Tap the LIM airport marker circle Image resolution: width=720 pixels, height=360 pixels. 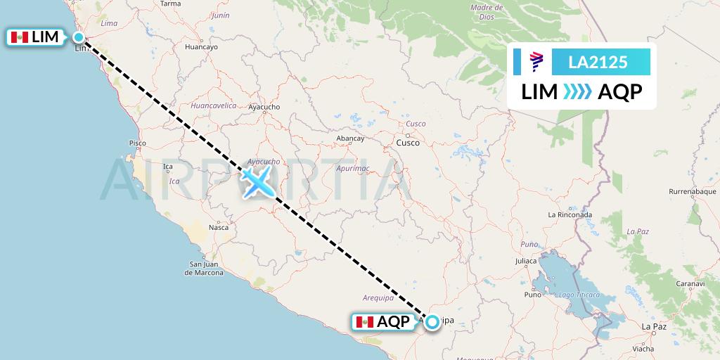[79, 37]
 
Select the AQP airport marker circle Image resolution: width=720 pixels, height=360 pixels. [432, 322]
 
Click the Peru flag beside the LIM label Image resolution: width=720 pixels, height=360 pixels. [20, 37]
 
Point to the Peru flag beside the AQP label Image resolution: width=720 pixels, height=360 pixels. [364, 322]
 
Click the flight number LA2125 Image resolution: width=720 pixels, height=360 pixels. [598, 63]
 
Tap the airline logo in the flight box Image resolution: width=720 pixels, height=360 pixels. [536, 63]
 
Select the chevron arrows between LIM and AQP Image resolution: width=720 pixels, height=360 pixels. [577, 91]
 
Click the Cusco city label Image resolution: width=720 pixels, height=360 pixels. [409, 143]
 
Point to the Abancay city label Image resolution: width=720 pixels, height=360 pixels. [351, 139]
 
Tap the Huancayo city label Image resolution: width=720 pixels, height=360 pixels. [201, 47]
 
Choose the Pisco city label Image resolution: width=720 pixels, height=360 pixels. [137, 143]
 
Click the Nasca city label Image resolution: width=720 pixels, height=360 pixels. [219, 227]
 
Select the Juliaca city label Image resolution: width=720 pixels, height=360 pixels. [530, 261]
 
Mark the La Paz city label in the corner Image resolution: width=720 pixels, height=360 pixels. [655, 326]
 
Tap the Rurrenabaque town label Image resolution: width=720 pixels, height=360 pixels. [692, 191]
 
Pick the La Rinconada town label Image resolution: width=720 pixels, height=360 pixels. [570, 214]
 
